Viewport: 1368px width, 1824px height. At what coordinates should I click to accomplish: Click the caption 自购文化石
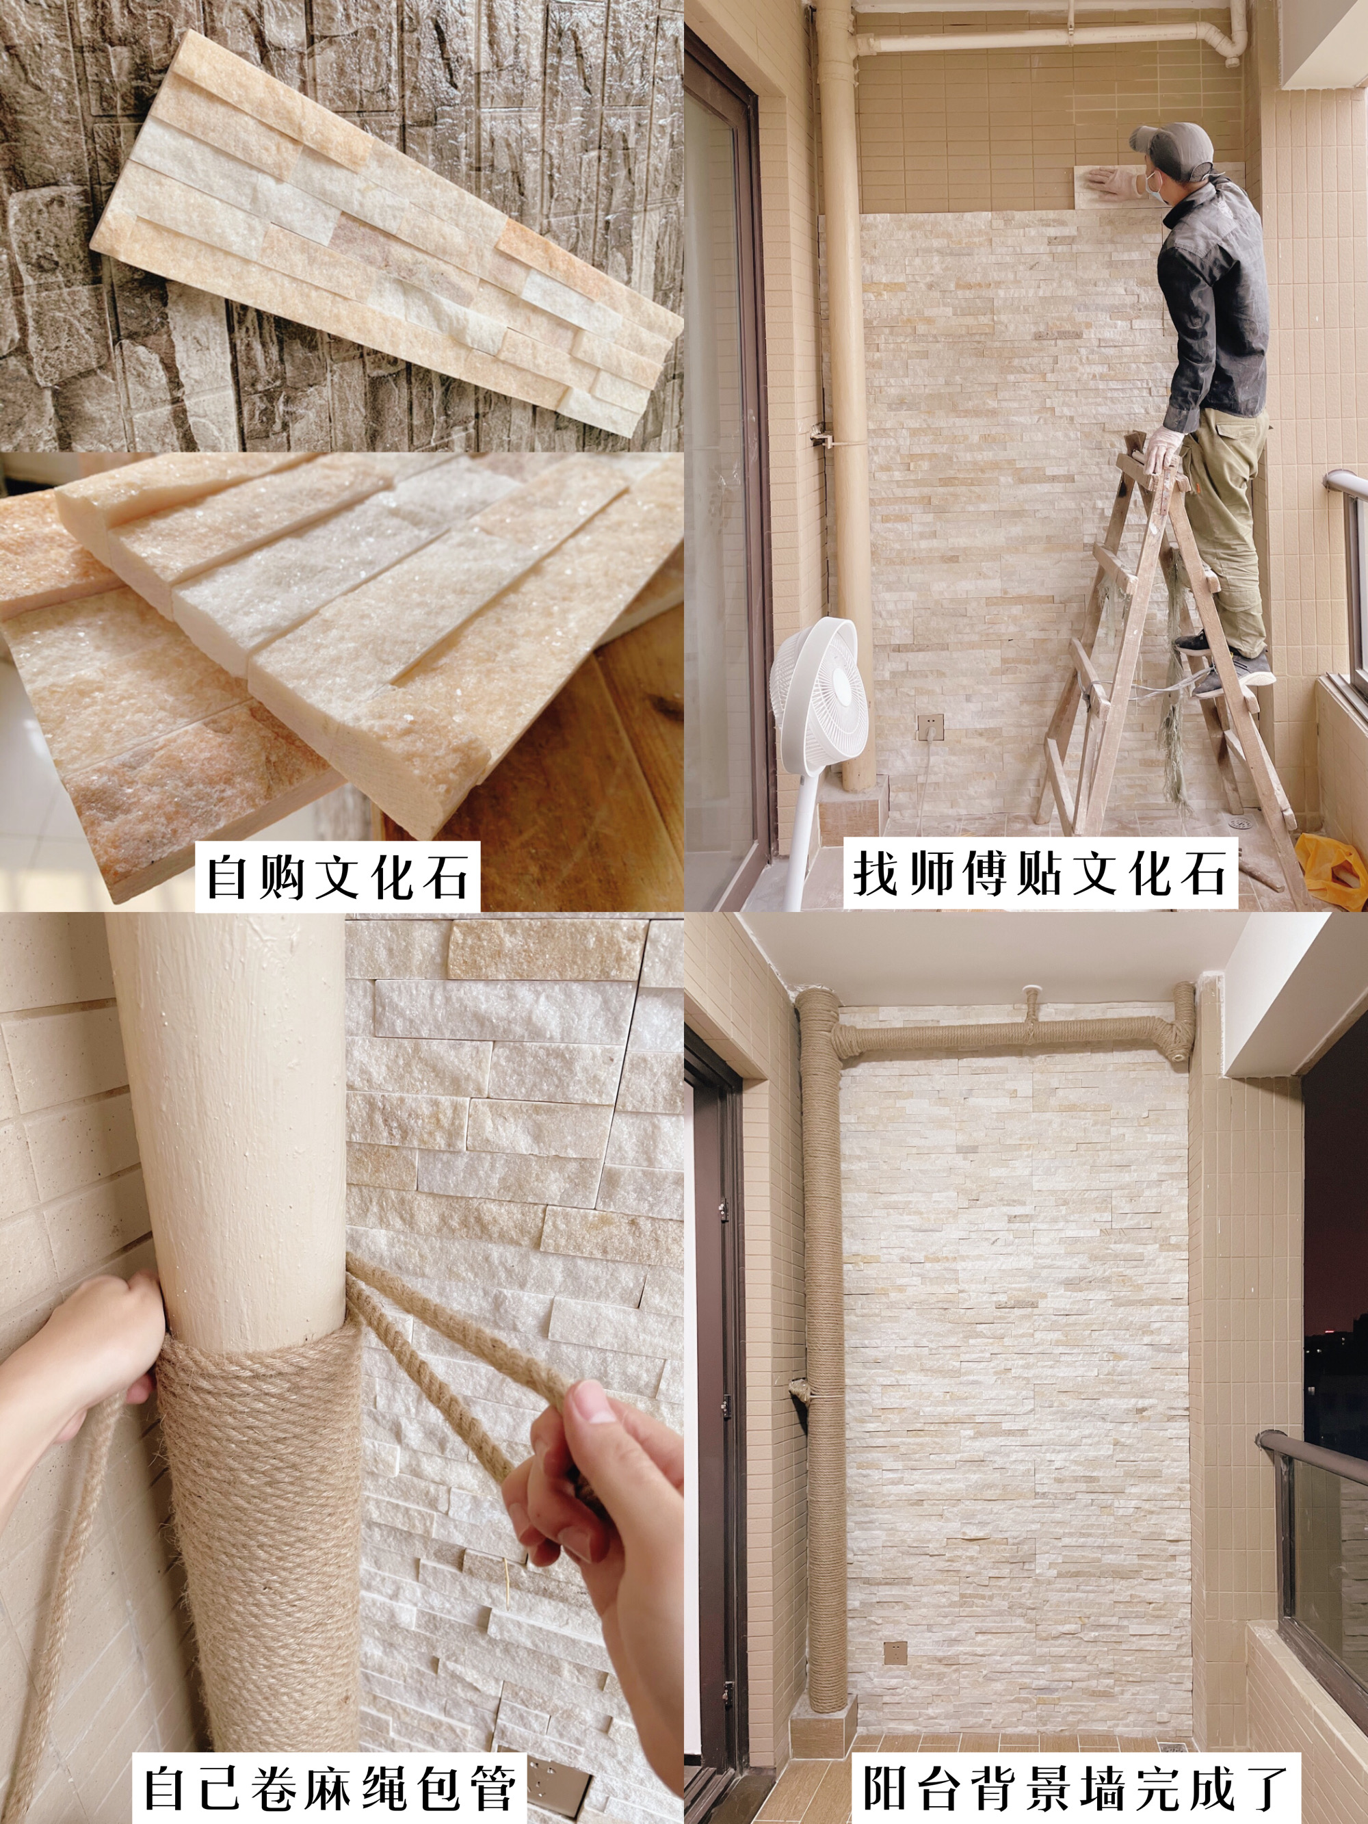337,876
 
